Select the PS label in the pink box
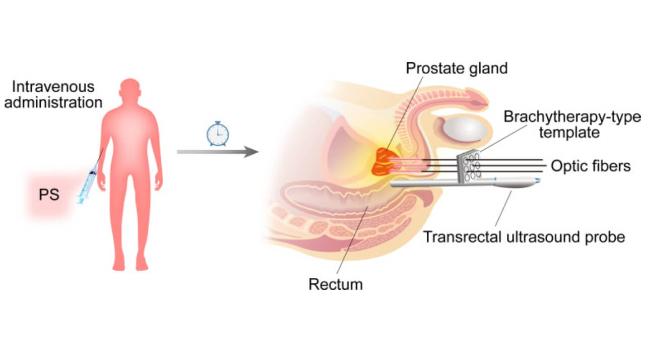tap(49, 195)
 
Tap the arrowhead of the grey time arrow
tap(251, 151)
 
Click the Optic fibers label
tap(591, 166)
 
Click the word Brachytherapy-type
tap(572, 117)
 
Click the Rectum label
tap(335, 284)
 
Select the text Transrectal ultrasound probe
tap(524, 236)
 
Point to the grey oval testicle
tap(464, 129)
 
